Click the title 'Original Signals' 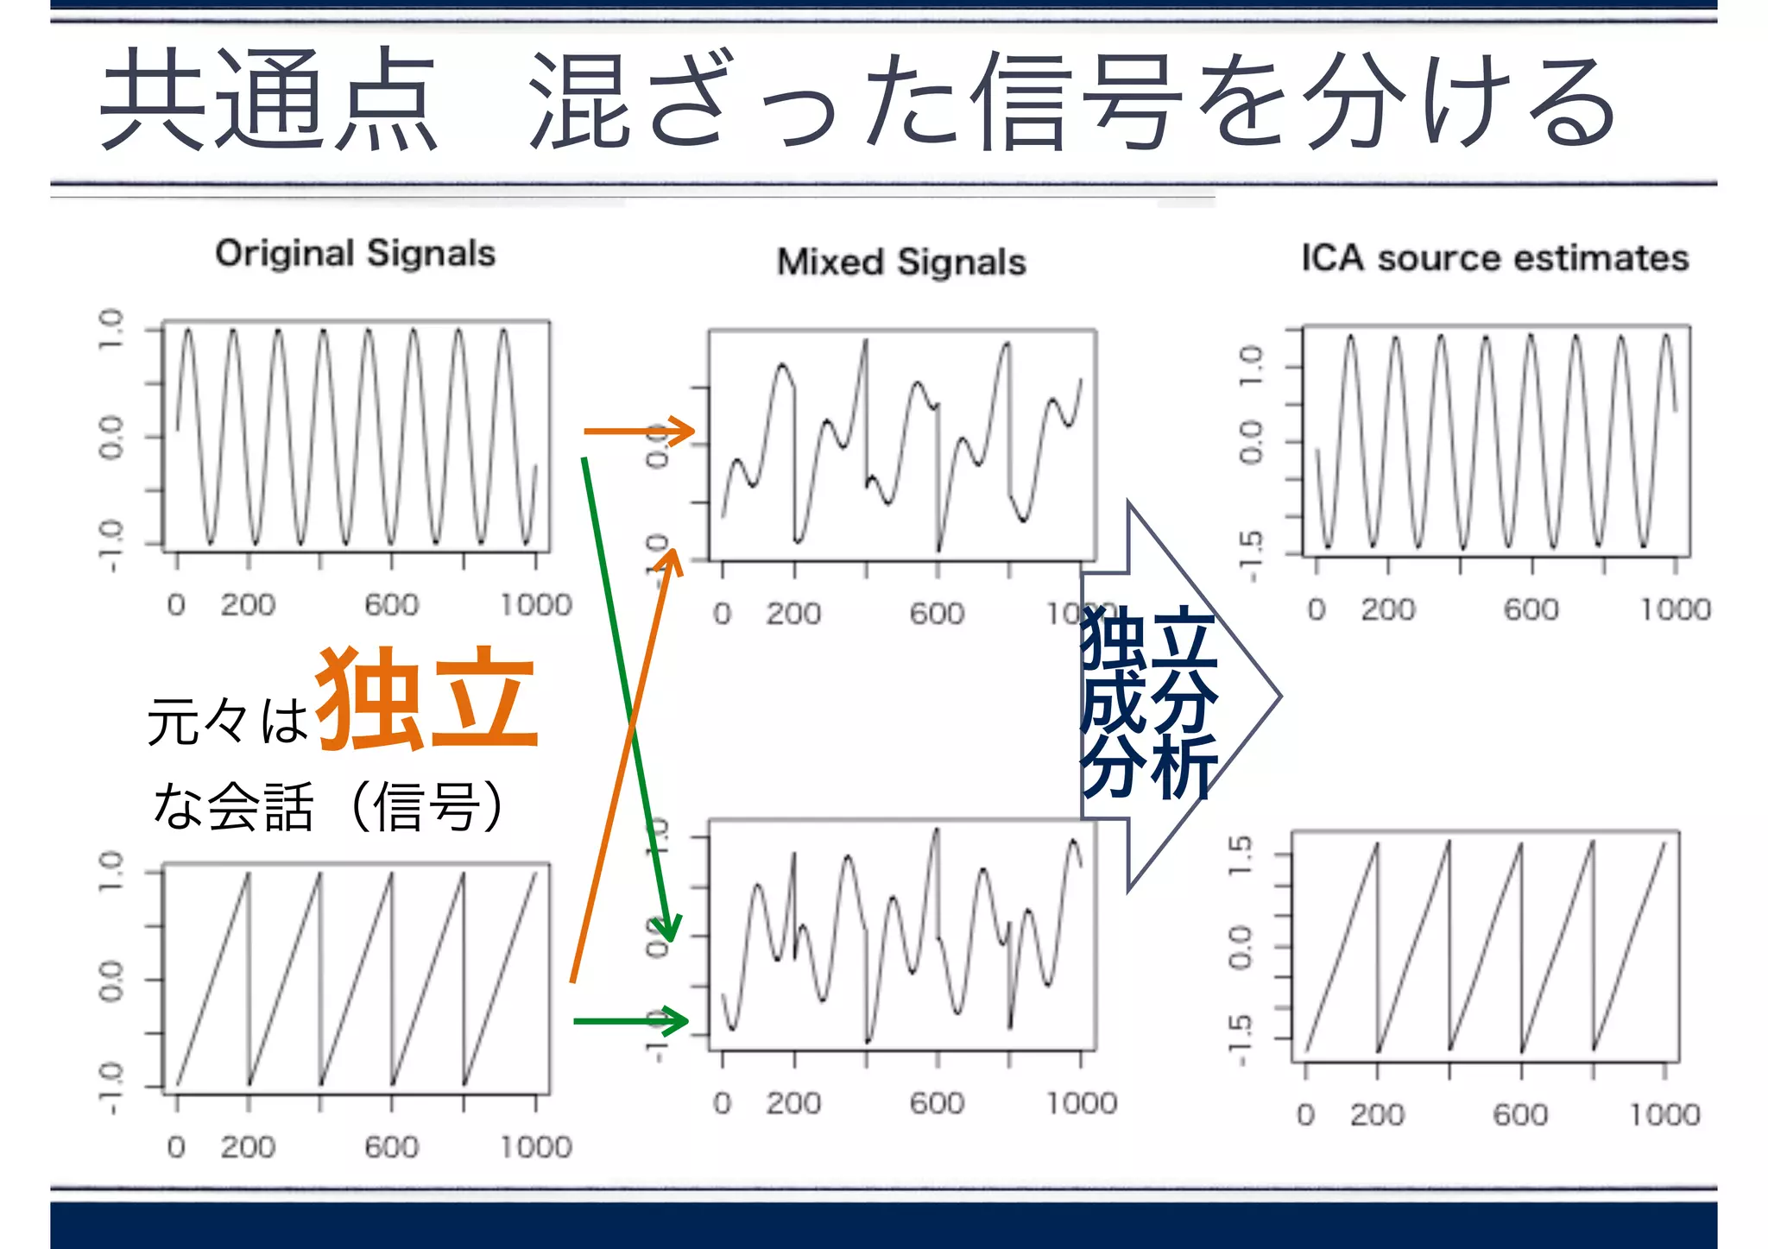355,254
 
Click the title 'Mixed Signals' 901,262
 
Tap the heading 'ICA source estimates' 1494,258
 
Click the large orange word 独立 427,699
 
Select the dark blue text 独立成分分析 1148,701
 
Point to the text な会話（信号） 328,806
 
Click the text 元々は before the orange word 227,721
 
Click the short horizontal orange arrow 639,430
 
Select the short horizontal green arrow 630,1021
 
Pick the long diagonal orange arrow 627,768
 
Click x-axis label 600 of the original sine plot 391,605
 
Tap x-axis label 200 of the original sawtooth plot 248,1147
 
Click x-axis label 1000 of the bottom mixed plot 1081,1103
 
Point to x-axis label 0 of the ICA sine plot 1316,609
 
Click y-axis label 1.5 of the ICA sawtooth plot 1240,855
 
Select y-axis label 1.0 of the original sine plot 110,329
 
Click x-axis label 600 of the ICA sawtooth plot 1520,1114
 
